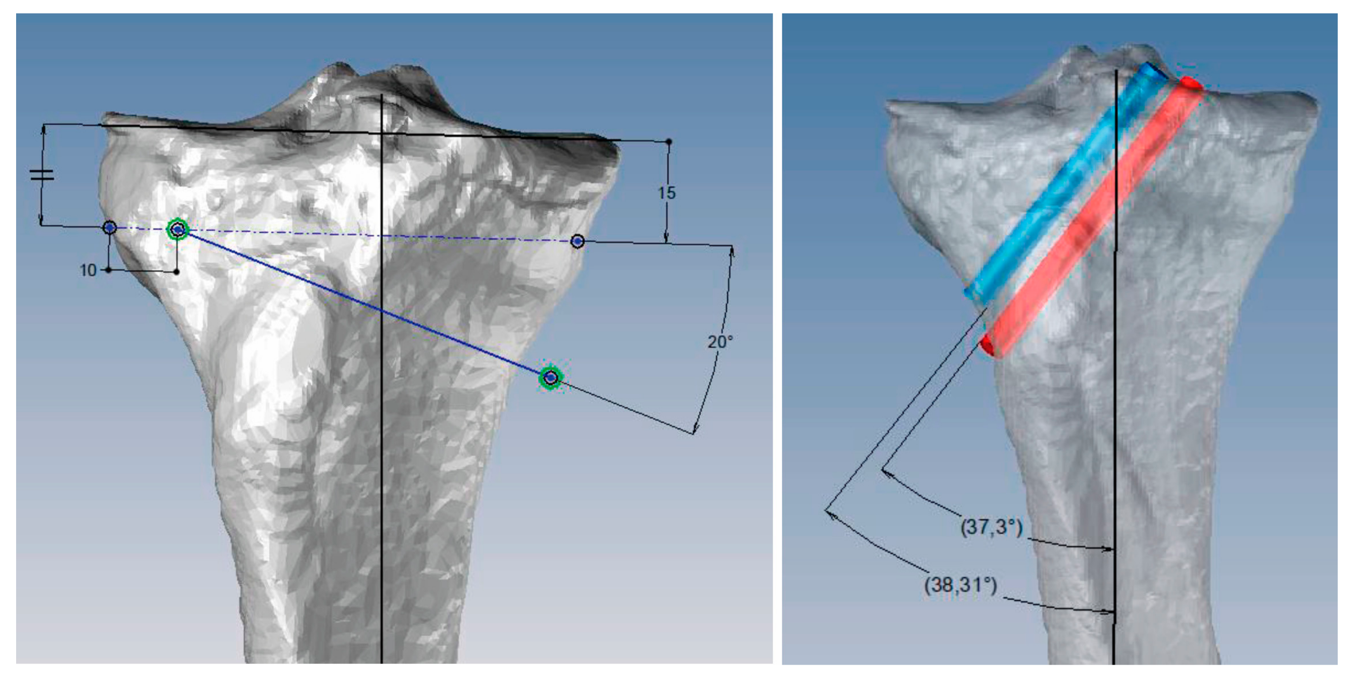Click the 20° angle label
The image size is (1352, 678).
(x=720, y=342)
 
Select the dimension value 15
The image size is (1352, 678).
(x=666, y=193)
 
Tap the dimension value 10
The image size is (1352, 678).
(x=88, y=270)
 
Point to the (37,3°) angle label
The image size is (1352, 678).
(x=991, y=526)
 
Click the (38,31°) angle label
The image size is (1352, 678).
(x=961, y=584)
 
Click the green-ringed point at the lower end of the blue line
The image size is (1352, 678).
(x=550, y=377)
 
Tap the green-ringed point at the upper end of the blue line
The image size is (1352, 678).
(x=178, y=229)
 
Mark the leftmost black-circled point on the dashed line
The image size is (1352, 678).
(x=109, y=227)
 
